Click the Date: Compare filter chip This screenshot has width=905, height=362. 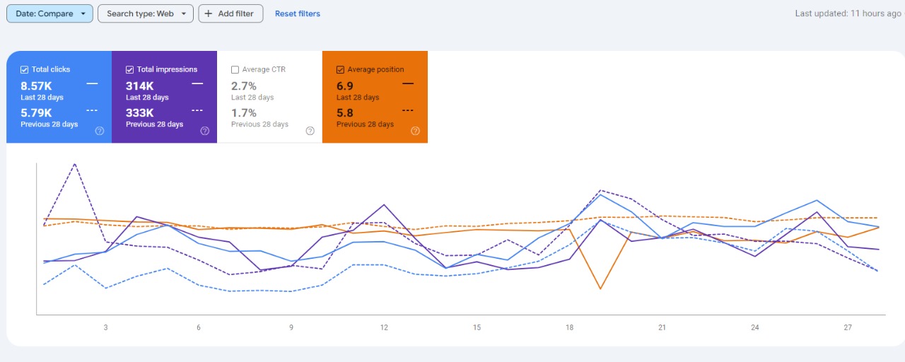[x=49, y=13]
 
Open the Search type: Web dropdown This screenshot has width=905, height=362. [x=145, y=13]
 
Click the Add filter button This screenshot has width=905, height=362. [x=230, y=13]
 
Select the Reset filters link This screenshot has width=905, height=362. [x=297, y=13]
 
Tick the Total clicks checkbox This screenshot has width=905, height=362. [x=25, y=69]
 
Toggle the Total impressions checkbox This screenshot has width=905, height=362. [x=130, y=69]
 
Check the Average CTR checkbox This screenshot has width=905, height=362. [x=235, y=69]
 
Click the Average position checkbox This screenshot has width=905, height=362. [x=341, y=69]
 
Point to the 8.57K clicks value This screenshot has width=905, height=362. [x=36, y=86]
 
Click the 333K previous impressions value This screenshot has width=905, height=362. [x=140, y=113]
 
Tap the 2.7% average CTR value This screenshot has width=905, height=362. [x=244, y=86]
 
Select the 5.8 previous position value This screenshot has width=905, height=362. [x=345, y=113]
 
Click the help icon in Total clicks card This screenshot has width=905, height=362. [x=100, y=131]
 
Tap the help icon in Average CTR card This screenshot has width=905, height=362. [x=310, y=131]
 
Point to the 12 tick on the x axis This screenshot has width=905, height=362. [x=384, y=327]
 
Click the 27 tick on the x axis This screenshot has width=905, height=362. [x=848, y=327]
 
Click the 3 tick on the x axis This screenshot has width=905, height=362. [x=106, y=327]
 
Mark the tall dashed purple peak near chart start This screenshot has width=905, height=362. [x=75, y=164]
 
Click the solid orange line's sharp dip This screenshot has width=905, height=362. [x=600, y=288]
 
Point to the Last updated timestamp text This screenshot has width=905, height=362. [x=848, y=13]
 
